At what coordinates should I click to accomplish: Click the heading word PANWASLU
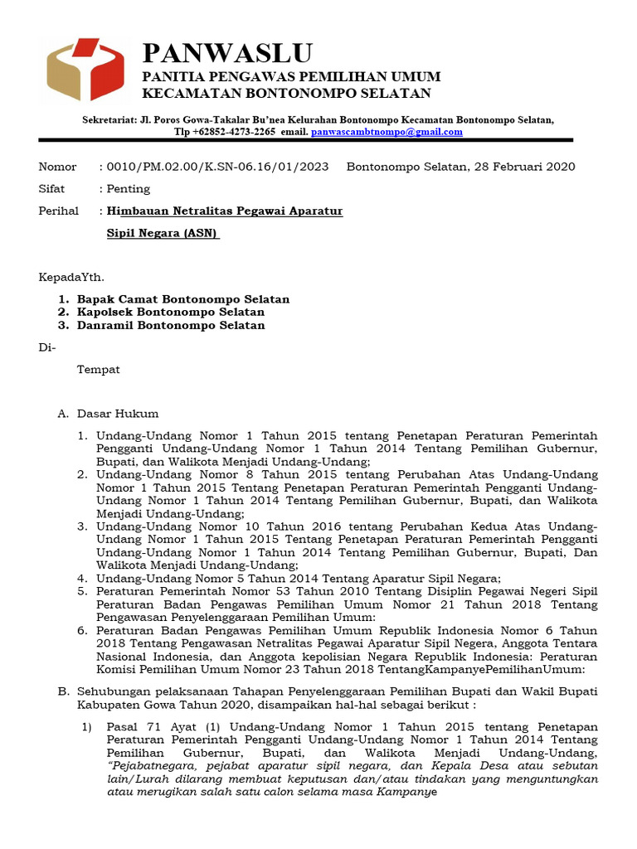227,53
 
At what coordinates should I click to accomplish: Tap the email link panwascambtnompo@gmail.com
387,132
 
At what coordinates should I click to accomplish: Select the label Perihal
59,211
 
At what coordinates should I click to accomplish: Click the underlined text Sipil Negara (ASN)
163,234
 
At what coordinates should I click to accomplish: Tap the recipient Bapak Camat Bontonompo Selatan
183,298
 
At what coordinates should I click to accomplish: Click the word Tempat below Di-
99,370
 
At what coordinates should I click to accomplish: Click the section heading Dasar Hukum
118,414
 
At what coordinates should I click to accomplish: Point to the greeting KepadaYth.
72,276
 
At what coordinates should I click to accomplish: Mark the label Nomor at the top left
57,167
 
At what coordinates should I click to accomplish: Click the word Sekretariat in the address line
109,119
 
